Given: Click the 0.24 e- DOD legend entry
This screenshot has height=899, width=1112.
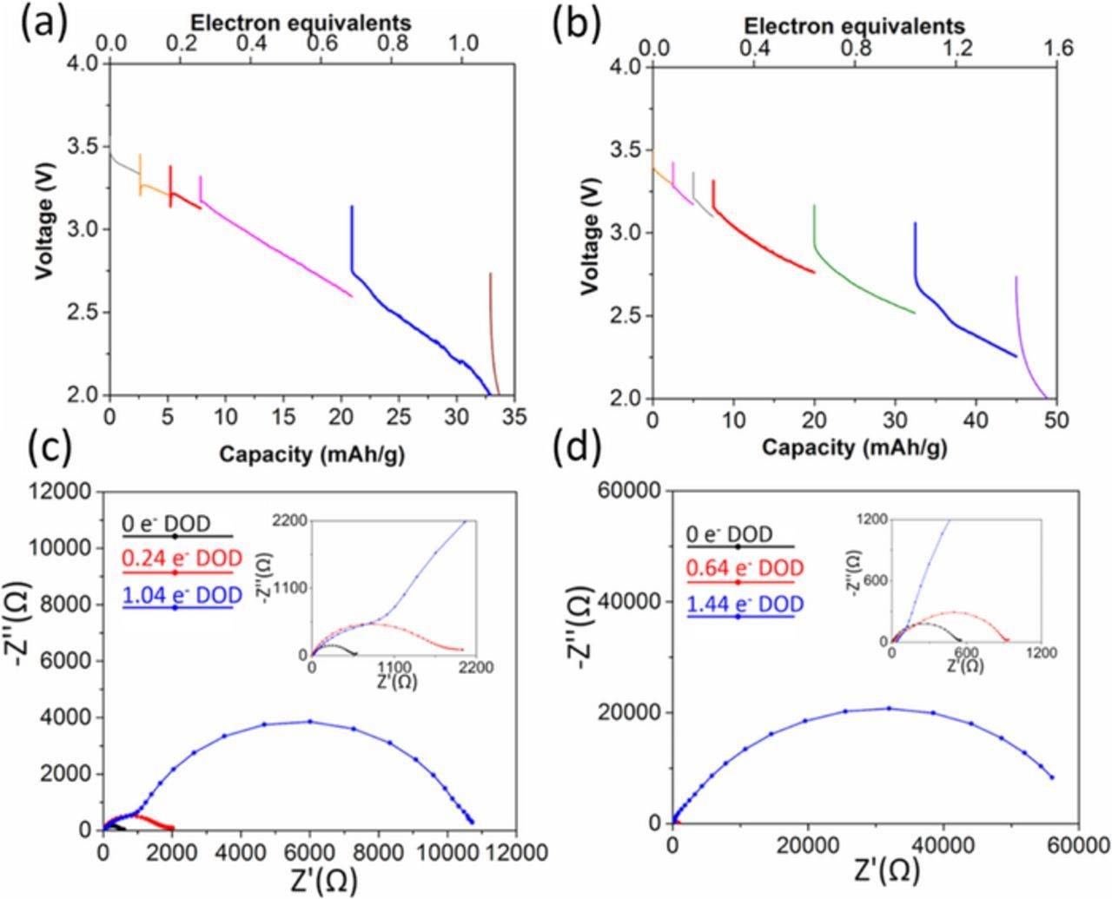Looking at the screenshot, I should [x=177, y=556].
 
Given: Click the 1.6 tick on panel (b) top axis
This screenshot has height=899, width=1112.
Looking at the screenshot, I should [x=1057, y=50].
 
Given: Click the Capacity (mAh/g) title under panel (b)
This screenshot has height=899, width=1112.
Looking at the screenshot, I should [x=855, y=448].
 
